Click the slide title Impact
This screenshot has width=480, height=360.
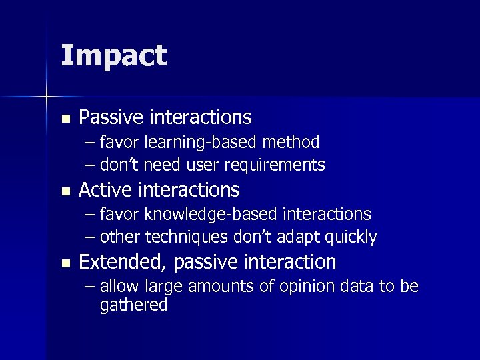(113, 55)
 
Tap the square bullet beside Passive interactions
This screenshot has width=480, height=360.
(65, 119)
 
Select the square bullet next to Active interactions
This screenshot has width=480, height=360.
(65, 191)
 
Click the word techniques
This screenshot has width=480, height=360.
(183, 237)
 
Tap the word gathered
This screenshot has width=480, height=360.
(133, 305)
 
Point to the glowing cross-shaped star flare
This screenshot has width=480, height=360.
(47, 97)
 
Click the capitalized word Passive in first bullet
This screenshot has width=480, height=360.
(111, 118)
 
